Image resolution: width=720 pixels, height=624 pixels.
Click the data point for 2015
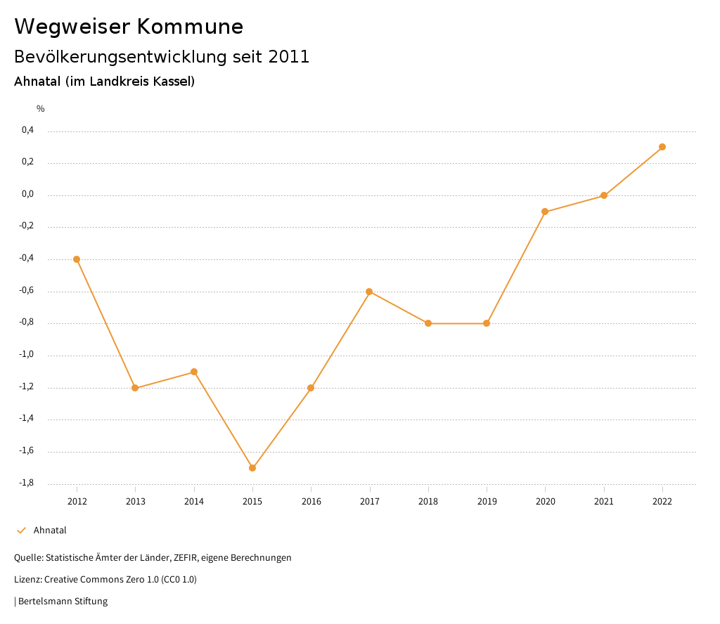tap(252, 468)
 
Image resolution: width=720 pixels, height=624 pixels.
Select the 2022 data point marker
tap(662, 147)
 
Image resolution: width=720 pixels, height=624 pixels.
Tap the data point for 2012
tap(77, 259)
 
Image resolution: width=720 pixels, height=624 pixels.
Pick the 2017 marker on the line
tap(369, 292)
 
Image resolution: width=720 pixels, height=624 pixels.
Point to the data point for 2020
tap(545, 212)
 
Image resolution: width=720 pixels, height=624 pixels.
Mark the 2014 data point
tap(194, 372)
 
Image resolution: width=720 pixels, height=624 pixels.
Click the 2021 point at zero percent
tap(604, 195)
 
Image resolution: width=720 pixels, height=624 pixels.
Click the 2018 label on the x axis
tap(428, 501)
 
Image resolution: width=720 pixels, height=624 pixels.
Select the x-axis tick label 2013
tap(136, 501)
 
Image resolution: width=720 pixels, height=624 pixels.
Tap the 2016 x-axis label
tap(311, 501)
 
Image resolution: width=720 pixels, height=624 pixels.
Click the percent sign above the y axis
tap(41, 109)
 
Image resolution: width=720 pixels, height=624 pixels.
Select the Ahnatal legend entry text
tap(50, 531)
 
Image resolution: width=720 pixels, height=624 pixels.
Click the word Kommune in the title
tap(190, 27)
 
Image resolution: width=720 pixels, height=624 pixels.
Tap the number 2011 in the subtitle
tap(289, 57)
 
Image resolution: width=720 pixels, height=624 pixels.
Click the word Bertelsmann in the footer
tap(44, 602)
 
